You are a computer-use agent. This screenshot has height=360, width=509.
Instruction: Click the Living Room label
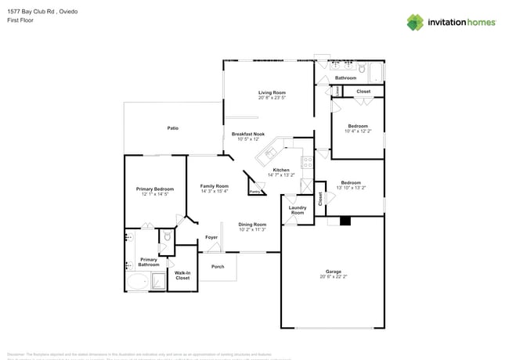[272, 92]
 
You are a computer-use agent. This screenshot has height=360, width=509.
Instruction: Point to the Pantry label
[254, 191]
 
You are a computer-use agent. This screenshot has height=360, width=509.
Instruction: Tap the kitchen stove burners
[309, 163]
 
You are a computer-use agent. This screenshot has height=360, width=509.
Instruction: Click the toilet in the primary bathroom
[166, 236]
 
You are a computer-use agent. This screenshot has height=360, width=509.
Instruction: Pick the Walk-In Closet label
[182, 275]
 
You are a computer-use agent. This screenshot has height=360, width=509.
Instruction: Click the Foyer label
[211, 237]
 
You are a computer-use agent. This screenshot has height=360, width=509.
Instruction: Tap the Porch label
[218, 266]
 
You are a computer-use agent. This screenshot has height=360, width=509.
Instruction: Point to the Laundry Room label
[298, 210]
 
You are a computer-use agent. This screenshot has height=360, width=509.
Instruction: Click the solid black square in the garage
[345, 221]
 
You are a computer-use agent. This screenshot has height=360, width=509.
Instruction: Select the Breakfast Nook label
[248, 134]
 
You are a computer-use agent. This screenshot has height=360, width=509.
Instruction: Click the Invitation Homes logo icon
[414, 22]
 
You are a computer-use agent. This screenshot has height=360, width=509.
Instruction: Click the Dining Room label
[252, 225]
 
